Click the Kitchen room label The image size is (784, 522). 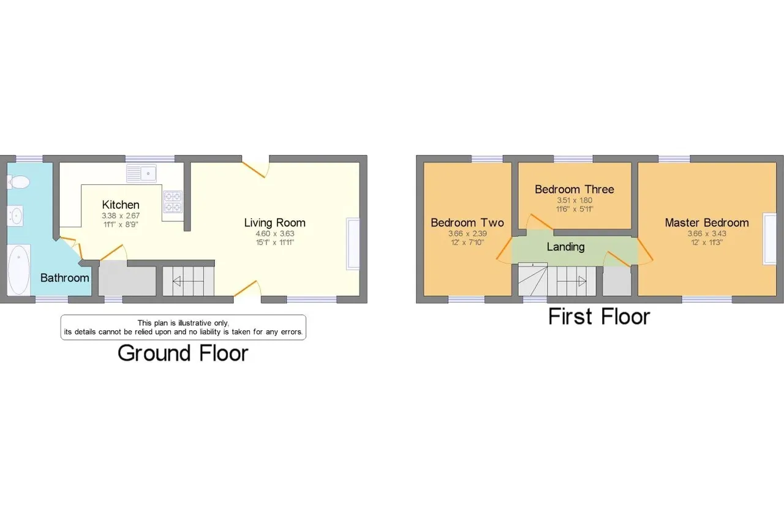(x=121, y=205)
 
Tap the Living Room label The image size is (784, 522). (x=275, y=222)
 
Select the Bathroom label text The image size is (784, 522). (x=65, y=278)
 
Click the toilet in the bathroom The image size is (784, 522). (x=18, y=183)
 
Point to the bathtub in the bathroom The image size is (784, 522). (x=19, y=270)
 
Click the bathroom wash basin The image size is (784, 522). (x=15, y=215)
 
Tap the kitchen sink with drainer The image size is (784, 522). (x=141, y=173)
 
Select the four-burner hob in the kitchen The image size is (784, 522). (x=173, y=202)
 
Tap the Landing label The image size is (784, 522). (x=565, y=247)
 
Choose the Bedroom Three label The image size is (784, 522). (x=575, y=189)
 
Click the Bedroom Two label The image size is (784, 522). (x=467, y=222)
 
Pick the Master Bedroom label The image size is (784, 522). (x=707, y=222)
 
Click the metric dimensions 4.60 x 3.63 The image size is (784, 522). (x=275, y=234)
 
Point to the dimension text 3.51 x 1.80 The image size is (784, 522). (x=575, y=200)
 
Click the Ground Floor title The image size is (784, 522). (x=183, y=353)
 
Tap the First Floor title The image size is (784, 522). (x=599, y=317)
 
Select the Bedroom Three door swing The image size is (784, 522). (x=540, y=222)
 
